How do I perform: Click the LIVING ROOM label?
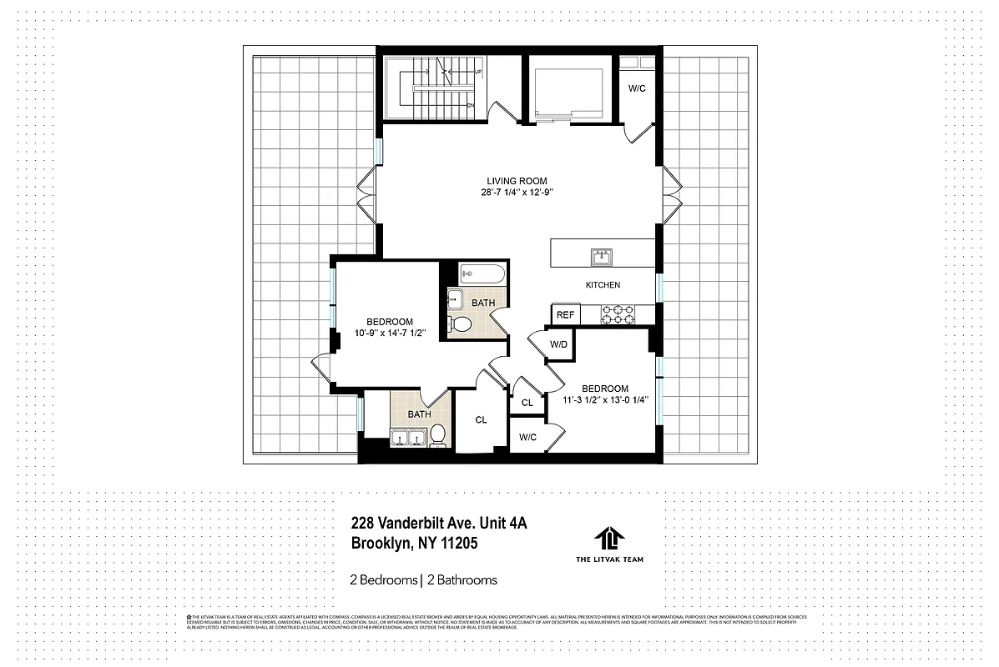517,181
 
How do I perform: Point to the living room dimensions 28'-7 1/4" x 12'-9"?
517,193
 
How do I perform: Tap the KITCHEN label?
602,285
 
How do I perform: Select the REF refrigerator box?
565,315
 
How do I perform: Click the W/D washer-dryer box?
558,345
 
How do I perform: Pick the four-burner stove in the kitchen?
616,314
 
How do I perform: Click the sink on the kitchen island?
602,256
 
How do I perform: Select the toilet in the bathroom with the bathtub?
459,323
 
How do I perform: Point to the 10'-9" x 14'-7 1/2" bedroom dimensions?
390,333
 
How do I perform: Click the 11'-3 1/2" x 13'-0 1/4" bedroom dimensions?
604,400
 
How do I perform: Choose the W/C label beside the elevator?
637,88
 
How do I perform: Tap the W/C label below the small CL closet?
527,437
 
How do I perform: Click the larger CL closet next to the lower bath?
481,420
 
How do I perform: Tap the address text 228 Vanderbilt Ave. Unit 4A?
439,524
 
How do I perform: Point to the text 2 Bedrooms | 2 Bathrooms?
423,579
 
